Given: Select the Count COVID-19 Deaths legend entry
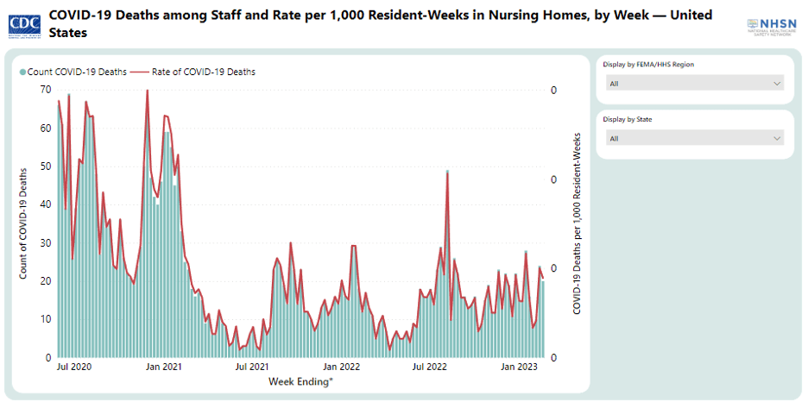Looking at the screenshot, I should [x=75, y=72].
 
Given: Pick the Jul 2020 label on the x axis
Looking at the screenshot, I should [x=75, y=367].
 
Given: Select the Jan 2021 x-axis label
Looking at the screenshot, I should [x=164, y=367].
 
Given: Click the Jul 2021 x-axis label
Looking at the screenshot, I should [x=251, y=367].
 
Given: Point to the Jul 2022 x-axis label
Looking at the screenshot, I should [x=429, y=367].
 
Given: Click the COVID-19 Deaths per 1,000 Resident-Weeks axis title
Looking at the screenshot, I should [x=574, y=223].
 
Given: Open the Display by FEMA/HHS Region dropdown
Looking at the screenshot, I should [x=694, y=84].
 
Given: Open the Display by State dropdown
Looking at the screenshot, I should [x=694, y=138].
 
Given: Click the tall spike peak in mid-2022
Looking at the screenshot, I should [x=447, y=172].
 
